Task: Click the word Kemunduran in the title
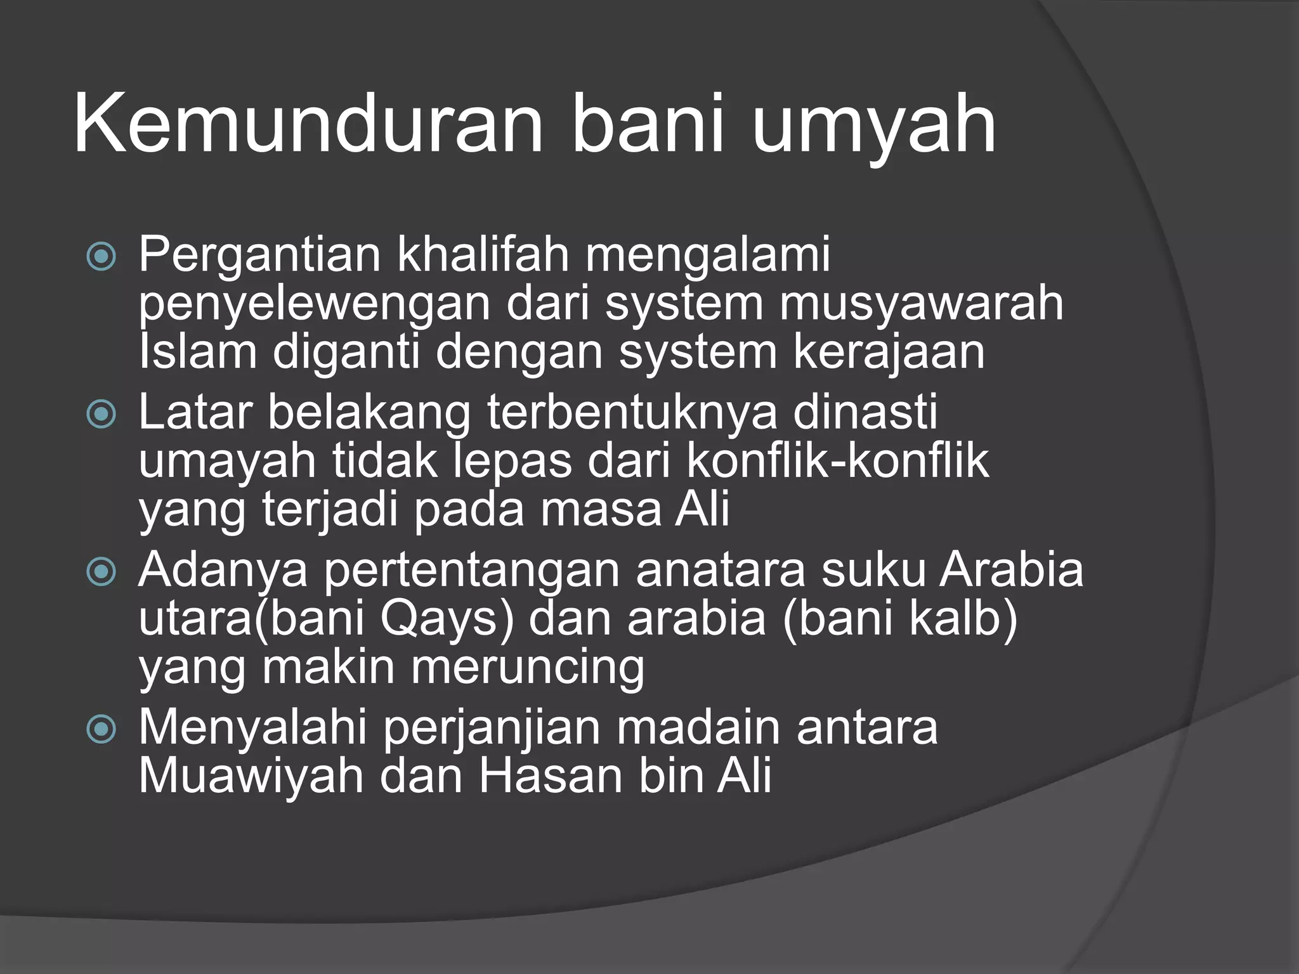pos(308,124)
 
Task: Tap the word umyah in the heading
pos(874,124)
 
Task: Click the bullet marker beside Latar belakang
pos(101,415)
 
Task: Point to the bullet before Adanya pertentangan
pos(101,573)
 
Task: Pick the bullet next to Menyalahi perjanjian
pos(101,730)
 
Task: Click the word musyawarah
pos(921,304)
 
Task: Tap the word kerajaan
pos(889,353)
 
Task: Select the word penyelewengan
pos(315,304)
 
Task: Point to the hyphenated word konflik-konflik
pos(837,462)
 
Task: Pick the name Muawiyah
pos(251,776)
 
